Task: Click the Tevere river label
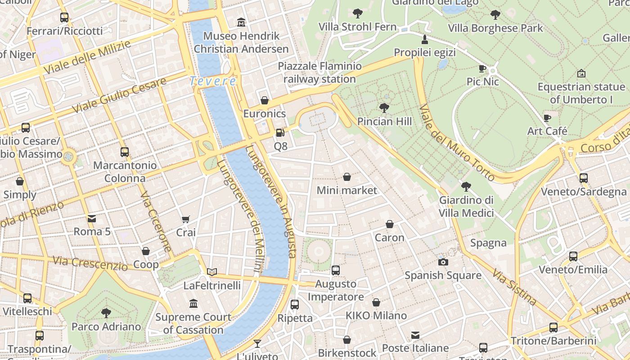[212, 81]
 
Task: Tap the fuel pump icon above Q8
[280, 133]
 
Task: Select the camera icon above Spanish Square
[443, 262]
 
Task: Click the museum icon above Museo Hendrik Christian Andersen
[241, 22]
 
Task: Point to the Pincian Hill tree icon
[384, 108]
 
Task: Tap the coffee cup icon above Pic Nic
[482, 68]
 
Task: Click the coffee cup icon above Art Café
[547, 118]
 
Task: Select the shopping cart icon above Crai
[186, 219]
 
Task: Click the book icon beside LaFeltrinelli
[212, 272]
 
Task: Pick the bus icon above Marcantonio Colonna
[125, 152]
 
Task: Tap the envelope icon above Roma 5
[92, 219]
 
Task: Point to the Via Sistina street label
[514, 287]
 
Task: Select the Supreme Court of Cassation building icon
[193, 304]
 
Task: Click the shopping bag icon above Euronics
[265, 100]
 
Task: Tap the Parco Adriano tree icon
[106, 313]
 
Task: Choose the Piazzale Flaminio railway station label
[319, 73]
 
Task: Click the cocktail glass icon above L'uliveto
[257, 344]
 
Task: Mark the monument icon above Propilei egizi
[424, 39]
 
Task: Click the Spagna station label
[488, 243]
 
